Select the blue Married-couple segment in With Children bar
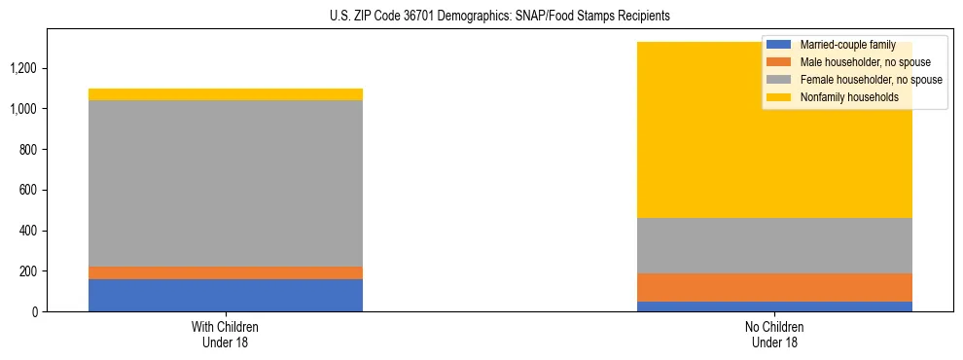point(226,295)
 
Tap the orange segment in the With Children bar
point(226,272)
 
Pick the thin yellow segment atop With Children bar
point(226,94)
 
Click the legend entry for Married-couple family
point(847,45)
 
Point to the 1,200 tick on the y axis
point(23,68)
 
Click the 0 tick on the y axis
point(36,311)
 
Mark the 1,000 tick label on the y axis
point(23,109)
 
